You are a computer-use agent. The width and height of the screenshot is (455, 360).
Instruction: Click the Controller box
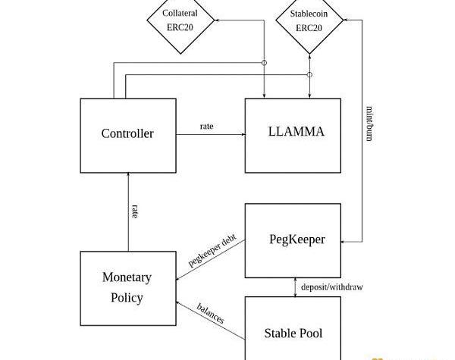coord(127,135)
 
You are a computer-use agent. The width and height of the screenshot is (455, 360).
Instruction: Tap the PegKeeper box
coord(293,239)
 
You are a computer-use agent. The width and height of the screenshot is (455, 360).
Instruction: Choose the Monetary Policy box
coord(127,287)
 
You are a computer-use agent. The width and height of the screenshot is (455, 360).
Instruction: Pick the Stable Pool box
coord(293,332)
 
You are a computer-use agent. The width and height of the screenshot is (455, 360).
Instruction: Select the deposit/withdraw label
coord(331,287)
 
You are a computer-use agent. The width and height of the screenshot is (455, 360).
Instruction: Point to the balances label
coord(210,314)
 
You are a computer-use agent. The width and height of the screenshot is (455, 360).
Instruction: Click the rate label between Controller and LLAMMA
coord(206,126)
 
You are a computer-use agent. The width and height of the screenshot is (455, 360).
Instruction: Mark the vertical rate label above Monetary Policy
coord(134,211)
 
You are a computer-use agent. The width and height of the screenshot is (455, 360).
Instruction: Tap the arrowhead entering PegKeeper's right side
coord(344,241)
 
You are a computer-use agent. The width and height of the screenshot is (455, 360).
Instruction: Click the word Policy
coord(127,298)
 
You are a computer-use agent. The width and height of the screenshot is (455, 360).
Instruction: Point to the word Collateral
coord(180,14)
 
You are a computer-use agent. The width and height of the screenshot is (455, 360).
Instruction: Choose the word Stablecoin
coord(309,14)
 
